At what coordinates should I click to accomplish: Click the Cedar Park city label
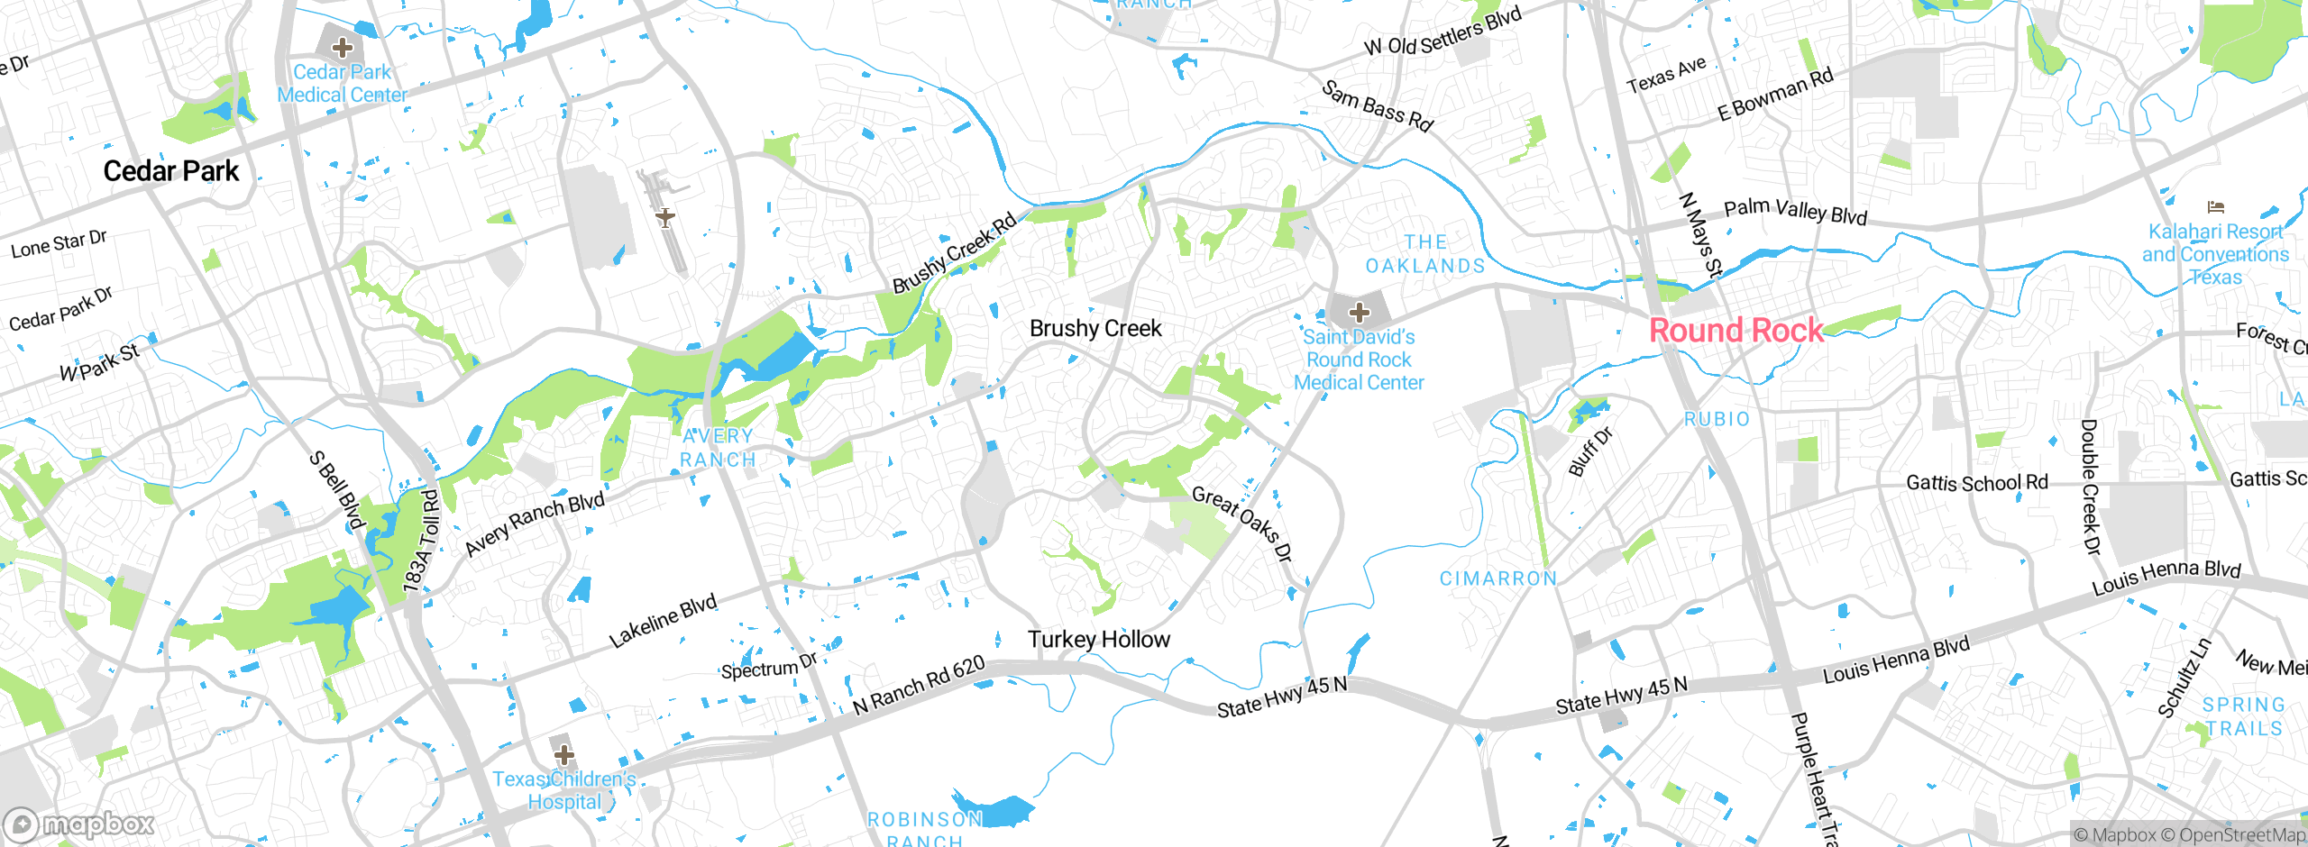(x=171, y=171)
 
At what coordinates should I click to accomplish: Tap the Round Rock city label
(x=1736, y=331)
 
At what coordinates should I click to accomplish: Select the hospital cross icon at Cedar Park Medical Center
(x=342, y=47)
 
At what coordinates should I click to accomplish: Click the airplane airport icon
(x=665, y=217)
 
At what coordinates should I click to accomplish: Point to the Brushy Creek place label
(x=1095, y=329)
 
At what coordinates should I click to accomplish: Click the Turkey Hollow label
(x=1099, y=640)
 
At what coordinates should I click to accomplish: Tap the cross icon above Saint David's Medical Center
(x=1360, y=313)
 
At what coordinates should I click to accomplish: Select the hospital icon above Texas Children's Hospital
(x=563, y=754)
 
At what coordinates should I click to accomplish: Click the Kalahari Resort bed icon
(x=2215, y=207)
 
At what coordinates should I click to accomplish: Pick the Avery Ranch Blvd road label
(x=534, y=524)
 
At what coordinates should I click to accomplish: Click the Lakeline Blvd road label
(x=663, y=621)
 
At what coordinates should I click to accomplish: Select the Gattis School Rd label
(x=1976, y=483)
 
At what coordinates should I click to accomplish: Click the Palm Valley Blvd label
(x=1794, y=212)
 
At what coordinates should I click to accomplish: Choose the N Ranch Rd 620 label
(x=919, y=686)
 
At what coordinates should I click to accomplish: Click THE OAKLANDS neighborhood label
(x=1424, y=254)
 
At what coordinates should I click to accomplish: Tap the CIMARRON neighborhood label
(x=1497, y=578)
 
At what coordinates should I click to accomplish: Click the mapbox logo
(x=79, y=824)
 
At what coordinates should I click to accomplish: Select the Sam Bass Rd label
(x=1377, y=106)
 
